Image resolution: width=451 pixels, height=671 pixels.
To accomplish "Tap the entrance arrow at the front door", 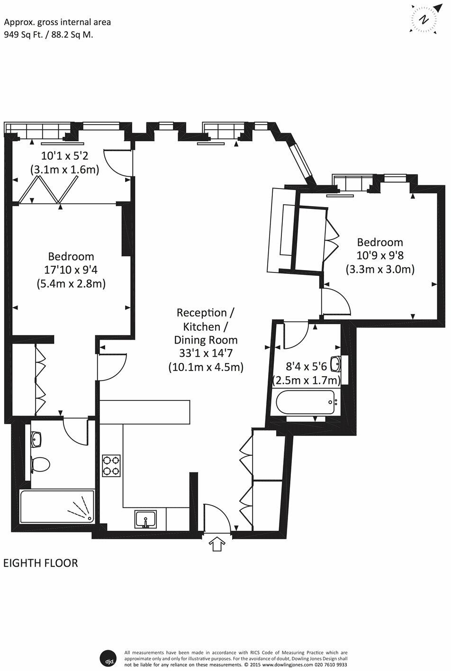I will pyautogui.click(x=217, y=544).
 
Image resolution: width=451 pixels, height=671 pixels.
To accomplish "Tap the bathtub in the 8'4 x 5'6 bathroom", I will pyautogui.click(x=306, y=402).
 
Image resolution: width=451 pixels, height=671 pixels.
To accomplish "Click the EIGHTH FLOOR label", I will pyautogui.click(x=41, y=563).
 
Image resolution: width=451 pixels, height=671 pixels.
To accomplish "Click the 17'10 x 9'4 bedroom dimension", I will pyautogui.click(x=71, y=270).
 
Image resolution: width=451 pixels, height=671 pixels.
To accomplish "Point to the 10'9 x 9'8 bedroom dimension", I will pyautogui.click(x=379, y=256).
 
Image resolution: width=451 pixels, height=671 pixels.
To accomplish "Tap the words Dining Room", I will pyautogui.click(x=206, y=340).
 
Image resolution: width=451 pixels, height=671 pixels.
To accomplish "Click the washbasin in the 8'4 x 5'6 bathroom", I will pyautogui.click(x=336, y=364).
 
